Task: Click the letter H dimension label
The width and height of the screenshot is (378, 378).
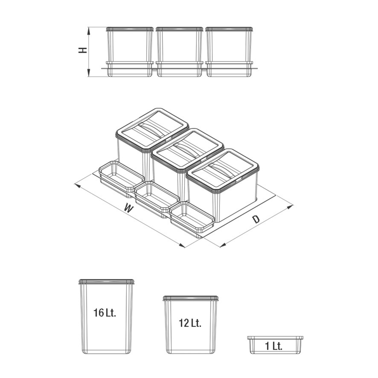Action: point(83,50)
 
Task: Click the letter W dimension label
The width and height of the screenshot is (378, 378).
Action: point(129,208)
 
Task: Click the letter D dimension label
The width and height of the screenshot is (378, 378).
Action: point(256,219)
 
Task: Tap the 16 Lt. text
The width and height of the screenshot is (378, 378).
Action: point(105,313)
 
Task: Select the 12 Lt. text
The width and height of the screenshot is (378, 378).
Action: point(190,323)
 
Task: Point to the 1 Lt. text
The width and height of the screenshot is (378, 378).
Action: point(273,346)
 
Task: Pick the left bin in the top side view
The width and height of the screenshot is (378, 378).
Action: point(130,52)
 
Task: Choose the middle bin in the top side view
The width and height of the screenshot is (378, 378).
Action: point(179,52)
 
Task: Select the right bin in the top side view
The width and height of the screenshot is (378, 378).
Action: point(229,52)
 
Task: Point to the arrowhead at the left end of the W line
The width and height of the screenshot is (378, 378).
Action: point(77,185)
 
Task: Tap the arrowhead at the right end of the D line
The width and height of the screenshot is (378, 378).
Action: point(290,207)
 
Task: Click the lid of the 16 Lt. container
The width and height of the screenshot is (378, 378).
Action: point(106,282)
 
